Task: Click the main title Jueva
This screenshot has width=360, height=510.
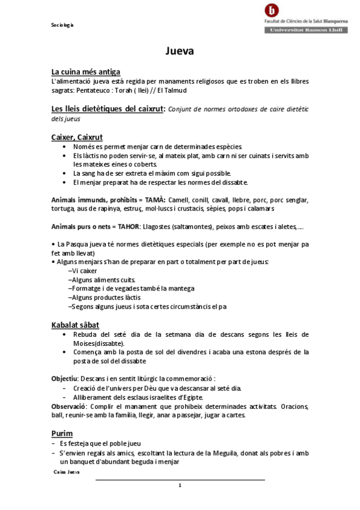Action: (x=180, y=51)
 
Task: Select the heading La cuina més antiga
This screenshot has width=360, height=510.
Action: (x=86, y=72)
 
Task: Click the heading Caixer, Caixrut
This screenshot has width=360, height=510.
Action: (x=78, y=138)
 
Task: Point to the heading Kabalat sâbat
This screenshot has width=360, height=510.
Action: (x=75, y=325)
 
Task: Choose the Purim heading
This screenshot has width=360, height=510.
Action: (x=62, y=433)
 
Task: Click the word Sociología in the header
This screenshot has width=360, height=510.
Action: (x=62, y=25)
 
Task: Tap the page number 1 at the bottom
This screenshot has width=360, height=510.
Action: (x=180, y=485)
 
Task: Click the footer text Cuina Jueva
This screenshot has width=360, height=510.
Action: (x=67, y=473)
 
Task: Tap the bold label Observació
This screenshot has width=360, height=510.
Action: (x=69, y=407)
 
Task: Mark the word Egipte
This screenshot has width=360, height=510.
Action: (x=191, y=397)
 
